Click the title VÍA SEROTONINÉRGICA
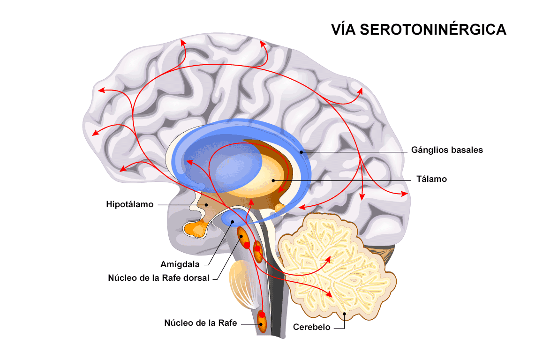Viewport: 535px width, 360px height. tap(419, 29)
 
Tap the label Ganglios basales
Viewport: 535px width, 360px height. tap(447, 150)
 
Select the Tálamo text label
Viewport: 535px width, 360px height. tap(432, 179)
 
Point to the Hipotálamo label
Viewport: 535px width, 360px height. tap(130, 204)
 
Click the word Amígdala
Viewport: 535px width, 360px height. tap(180, 264)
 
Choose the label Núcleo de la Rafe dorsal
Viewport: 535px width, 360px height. tap(158, 278)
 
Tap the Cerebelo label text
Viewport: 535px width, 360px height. tap(312, 327)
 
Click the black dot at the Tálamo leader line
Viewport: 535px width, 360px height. tap(273, 180)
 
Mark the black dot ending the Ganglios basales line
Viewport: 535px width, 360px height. tap(301, 152)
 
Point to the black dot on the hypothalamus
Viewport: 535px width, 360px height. tap(206, 205)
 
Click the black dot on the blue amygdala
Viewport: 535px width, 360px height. tap(233, 221)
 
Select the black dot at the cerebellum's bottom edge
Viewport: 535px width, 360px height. tap(345, 314)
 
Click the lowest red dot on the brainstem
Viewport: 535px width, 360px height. tap(262, 314)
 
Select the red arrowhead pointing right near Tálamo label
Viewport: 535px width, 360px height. tap(404, 194)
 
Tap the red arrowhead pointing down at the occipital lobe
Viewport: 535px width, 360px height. tap(362, 196)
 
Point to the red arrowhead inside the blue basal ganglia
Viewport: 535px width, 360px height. tap(190, 162)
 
